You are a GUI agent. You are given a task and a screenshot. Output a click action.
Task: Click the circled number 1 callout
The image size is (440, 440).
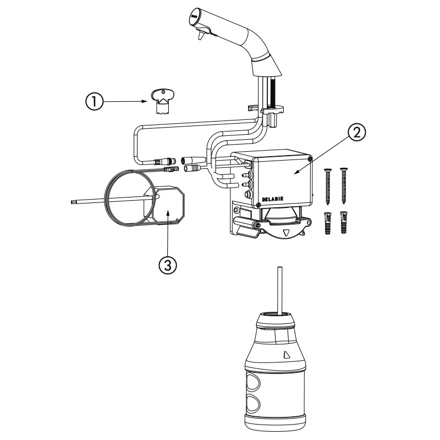pos(94,101)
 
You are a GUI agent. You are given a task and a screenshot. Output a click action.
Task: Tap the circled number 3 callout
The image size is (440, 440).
pos(168,265)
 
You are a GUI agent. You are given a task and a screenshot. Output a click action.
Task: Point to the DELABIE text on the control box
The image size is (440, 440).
pos(272,199)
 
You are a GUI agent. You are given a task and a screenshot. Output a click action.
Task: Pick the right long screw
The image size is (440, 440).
pos(343,185)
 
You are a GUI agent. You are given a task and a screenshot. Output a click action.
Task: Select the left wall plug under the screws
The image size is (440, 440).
pos(327,223)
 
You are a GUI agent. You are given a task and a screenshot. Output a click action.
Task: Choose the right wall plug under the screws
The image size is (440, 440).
pos(343,222)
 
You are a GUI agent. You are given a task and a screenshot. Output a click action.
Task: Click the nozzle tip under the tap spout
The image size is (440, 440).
pos(200,36)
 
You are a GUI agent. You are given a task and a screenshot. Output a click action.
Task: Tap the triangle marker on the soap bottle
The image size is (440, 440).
pos(287,355)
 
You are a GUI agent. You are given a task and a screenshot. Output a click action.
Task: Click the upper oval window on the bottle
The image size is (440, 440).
pos(253,382)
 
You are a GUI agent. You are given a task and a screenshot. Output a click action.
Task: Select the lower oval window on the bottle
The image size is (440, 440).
pos(253,404)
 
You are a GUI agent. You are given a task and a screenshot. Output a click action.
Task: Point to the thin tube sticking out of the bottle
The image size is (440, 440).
pos(280,290)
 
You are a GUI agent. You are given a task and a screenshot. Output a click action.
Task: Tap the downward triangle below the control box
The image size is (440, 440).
pos(287,233)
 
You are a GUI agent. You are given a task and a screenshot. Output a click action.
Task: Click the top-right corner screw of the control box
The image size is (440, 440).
pos(310,159)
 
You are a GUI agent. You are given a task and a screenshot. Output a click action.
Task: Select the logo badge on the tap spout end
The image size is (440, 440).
pos(194,15)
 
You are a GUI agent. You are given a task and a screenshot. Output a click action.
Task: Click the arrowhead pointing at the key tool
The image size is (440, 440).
pos(145,101)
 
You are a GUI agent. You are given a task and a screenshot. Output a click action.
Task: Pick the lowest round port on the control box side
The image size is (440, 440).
pos(248,194)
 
